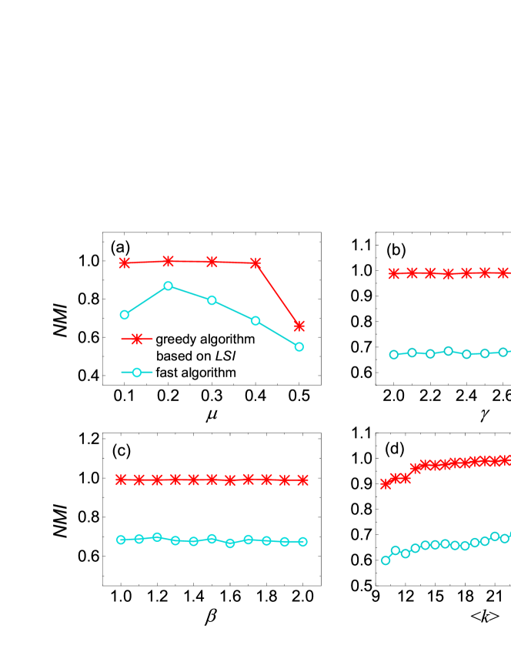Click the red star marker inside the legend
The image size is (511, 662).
[137, 339]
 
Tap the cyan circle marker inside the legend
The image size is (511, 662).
[137, 373]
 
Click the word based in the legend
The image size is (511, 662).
[174, 356]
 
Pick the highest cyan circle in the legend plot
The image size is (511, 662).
[168, 286]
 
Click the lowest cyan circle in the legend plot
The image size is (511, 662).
[299, 347]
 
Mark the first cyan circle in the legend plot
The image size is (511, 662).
[124, 315]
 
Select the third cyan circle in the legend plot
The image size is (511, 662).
[212, 300]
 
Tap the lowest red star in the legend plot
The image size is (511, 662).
[299, 326]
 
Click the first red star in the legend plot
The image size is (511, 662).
[124, 263]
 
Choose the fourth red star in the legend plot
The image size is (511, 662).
[255, 262]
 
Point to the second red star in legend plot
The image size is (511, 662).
[168, 261]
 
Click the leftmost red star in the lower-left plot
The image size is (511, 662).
[121, 480]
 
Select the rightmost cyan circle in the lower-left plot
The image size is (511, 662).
[302, 542]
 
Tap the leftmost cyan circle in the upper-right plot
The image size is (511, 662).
[393, 355]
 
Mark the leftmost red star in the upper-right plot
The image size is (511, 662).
[393, 273]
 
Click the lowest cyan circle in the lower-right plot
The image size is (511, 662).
[386, 560]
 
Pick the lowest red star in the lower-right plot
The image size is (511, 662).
[386, 484]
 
